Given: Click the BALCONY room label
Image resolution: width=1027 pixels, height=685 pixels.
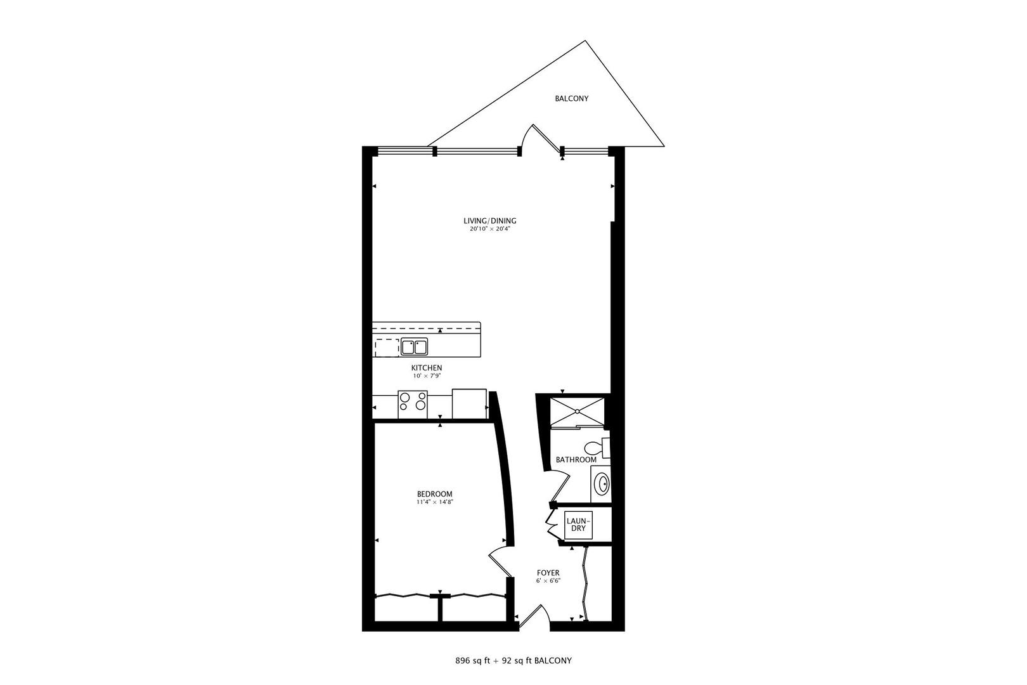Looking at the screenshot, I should click(x=572, y=99).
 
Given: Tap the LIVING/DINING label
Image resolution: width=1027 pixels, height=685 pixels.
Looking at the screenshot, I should click(x=489, y=221).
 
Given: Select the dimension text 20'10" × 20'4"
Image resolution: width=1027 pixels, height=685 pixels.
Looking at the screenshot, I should click(x=489, y=230).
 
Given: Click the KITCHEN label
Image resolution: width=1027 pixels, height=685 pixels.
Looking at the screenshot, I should click(x=427, y=368).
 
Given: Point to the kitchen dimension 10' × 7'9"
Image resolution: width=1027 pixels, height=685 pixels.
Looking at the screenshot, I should click(x=427, y=376).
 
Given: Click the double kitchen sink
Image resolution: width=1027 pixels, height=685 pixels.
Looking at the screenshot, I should click(x=414, y=347).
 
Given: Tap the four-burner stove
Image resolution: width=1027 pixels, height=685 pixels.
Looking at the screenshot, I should click(x=413, y=405).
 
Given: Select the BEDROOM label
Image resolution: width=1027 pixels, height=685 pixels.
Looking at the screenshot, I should click(x=434, y=494).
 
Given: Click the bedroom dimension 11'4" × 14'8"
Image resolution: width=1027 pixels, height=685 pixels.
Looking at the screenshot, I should click(x=434, y=502).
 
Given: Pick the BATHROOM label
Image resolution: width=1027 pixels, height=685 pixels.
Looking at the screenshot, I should click(x=576, y=460).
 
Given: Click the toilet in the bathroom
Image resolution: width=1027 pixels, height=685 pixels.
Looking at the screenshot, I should click(x=595, y=447).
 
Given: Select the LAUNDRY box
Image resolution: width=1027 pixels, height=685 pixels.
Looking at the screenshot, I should click(x=578, y=525).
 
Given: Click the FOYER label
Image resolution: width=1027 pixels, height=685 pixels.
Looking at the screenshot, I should click(x=548, y=573).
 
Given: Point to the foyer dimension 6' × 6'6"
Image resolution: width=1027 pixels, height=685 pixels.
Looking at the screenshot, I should click(x=548, y=581).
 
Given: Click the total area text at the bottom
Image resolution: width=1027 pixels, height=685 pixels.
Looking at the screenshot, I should click(x=513, y=661).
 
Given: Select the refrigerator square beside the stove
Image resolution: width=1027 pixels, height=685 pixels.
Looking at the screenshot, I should click(x=469, y=403).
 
